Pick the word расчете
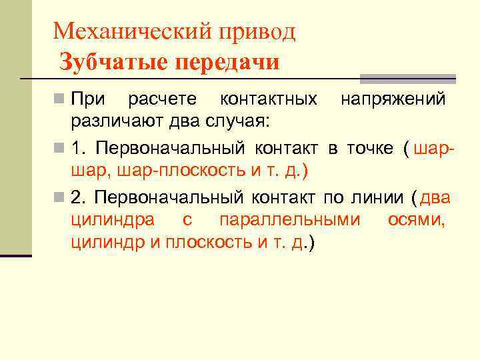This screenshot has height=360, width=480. click(x=162, y=99)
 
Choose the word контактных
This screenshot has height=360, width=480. click(x=269, y=99)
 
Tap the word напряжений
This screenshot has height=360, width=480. click(x=393, y=99)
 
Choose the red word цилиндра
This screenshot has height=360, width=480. click(x=113, y=220)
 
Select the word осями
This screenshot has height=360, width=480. click(x=416, y=220)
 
